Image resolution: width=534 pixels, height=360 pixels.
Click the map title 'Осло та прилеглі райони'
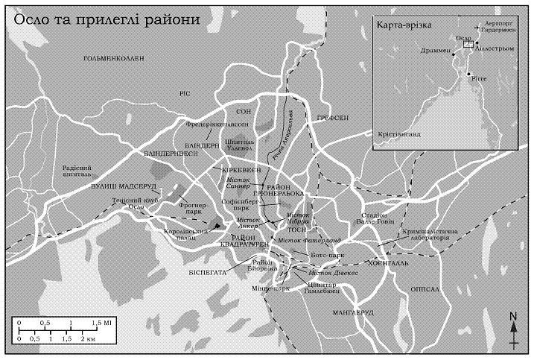click(107, 19)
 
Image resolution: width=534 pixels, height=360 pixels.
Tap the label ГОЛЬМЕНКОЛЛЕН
click(112, 57)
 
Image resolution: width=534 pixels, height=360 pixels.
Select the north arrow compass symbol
click(514, 329)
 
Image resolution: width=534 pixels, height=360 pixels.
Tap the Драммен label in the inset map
click(435, 51)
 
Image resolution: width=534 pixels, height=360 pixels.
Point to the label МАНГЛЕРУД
click(353, 312)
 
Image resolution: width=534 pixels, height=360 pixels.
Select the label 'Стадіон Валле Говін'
click(369, 220)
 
